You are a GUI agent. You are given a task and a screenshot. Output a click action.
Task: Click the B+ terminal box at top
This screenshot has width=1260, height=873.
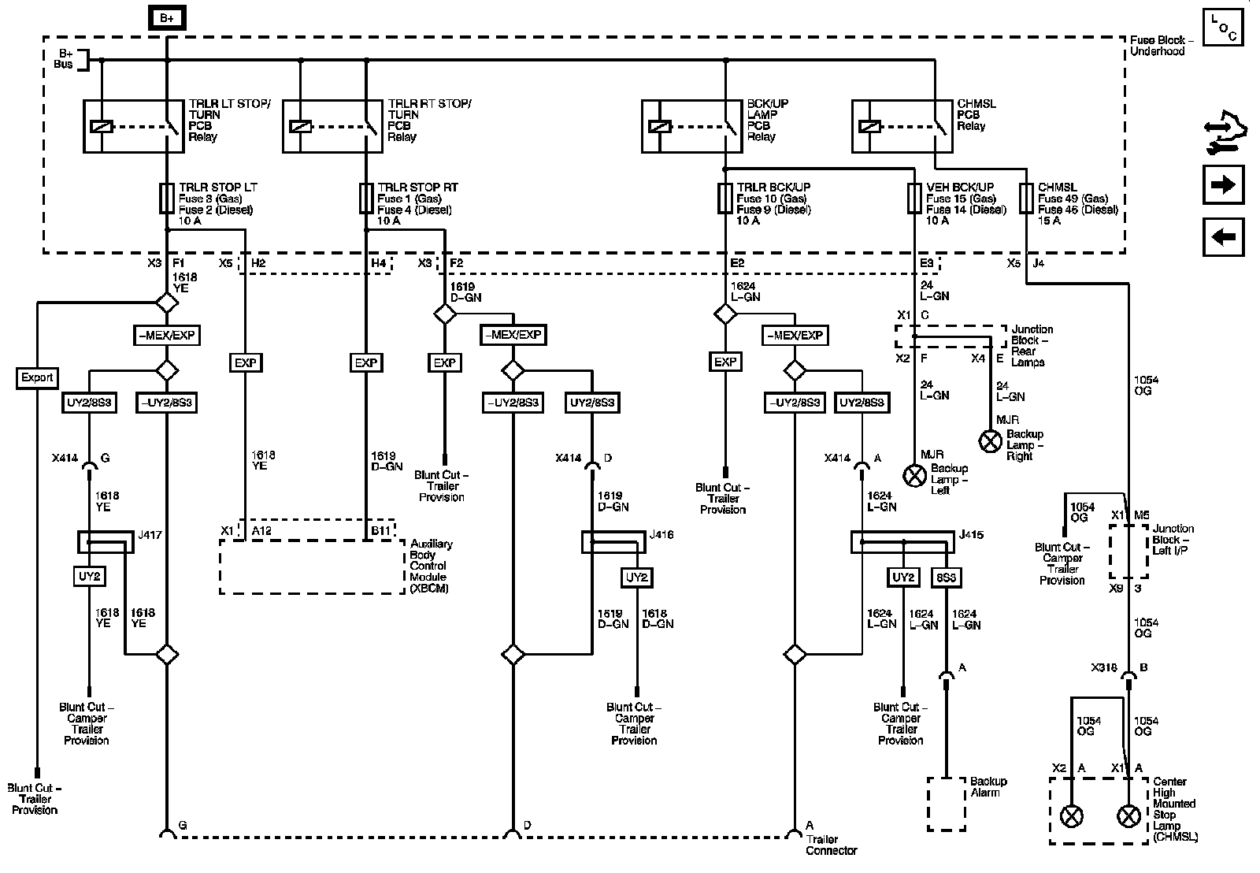coord(166,17)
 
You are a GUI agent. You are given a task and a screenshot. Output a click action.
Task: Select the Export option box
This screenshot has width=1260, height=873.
coord(37,378)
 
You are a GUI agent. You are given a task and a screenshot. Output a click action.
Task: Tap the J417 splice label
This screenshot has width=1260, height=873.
coord(150,536)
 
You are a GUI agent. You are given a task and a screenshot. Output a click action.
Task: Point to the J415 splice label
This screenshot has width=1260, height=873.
coord(970,536)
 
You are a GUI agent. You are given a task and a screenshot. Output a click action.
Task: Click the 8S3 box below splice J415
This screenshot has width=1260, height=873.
coord(946,578)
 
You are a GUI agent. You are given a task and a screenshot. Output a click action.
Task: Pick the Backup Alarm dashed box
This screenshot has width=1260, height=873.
coord(946,803)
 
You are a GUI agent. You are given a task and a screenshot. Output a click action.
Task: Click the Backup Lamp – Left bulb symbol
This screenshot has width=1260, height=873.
coord(914,475)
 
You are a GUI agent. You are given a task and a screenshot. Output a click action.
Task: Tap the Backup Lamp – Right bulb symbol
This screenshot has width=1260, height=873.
coord(990,441)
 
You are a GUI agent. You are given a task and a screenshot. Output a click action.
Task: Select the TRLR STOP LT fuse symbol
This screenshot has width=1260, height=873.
coord(166,199)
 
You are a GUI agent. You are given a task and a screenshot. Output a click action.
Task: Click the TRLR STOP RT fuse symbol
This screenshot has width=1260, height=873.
coord(366,199)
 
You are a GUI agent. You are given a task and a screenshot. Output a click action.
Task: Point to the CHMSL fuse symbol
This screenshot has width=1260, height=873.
coord(1025,199)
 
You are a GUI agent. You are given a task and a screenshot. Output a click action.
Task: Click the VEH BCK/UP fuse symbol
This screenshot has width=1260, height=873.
coord(914,199)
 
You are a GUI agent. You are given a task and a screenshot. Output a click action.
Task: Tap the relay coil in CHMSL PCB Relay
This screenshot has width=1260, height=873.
coord(869,126)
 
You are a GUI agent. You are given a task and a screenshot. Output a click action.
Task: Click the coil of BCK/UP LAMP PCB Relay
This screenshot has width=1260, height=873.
coord(659,126)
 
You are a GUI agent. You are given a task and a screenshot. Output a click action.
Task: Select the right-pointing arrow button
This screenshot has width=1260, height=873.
coord(1223,186)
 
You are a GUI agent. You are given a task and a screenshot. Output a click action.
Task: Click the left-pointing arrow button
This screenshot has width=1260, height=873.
coord(1223,237)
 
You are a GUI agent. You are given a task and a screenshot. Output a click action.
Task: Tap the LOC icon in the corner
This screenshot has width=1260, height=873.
coord(1223,27)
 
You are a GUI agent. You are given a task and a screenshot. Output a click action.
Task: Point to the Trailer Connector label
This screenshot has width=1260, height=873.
coord(831,845)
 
